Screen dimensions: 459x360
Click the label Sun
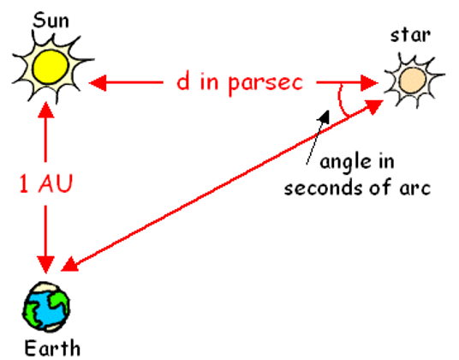point(51,21)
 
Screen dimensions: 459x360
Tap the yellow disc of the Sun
point(51,67)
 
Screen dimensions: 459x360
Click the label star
point(410,35)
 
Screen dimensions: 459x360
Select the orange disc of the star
point(412,81)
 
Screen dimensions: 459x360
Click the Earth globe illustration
point(46,306)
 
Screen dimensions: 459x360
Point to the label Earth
point(52,348)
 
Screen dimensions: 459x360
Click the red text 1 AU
point(45,183)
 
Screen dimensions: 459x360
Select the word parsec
point(265,83)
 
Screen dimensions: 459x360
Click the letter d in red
point(183,81)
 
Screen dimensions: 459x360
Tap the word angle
point(343,162)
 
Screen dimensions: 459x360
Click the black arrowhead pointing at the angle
point(324,117)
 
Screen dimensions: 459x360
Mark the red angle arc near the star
point(340,99)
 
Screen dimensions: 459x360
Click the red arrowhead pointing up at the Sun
point(45,110)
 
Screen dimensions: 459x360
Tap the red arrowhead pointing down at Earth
point(45,265)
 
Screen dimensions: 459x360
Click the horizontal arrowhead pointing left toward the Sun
point(98,82)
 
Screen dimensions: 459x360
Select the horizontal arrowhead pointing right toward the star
point(369,82)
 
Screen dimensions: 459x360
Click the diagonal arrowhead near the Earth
point(69,265)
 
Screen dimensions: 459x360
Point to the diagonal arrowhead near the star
point(374,106)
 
